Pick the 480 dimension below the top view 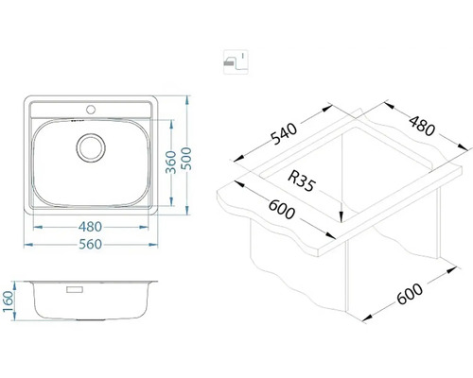92,225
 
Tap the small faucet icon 231,62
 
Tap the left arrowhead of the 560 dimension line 26,244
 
